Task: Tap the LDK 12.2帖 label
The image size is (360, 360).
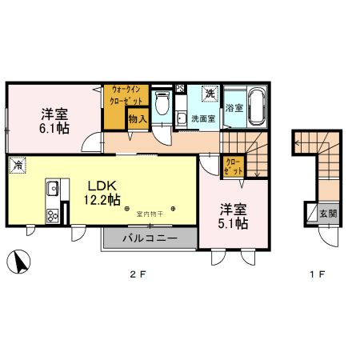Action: [104, 192]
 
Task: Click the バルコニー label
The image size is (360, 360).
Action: [150, 238]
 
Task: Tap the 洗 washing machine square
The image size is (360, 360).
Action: [210, 94]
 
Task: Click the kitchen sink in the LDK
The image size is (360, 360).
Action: [53, 190]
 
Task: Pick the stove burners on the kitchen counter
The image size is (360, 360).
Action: [53, 215]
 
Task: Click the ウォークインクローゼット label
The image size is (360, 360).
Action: [127, 96]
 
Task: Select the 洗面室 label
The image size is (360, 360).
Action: [203, 119]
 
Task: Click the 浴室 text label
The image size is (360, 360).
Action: [234, 107]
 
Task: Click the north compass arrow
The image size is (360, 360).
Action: [19, 262]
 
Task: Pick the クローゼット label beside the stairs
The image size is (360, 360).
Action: [232, 168]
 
